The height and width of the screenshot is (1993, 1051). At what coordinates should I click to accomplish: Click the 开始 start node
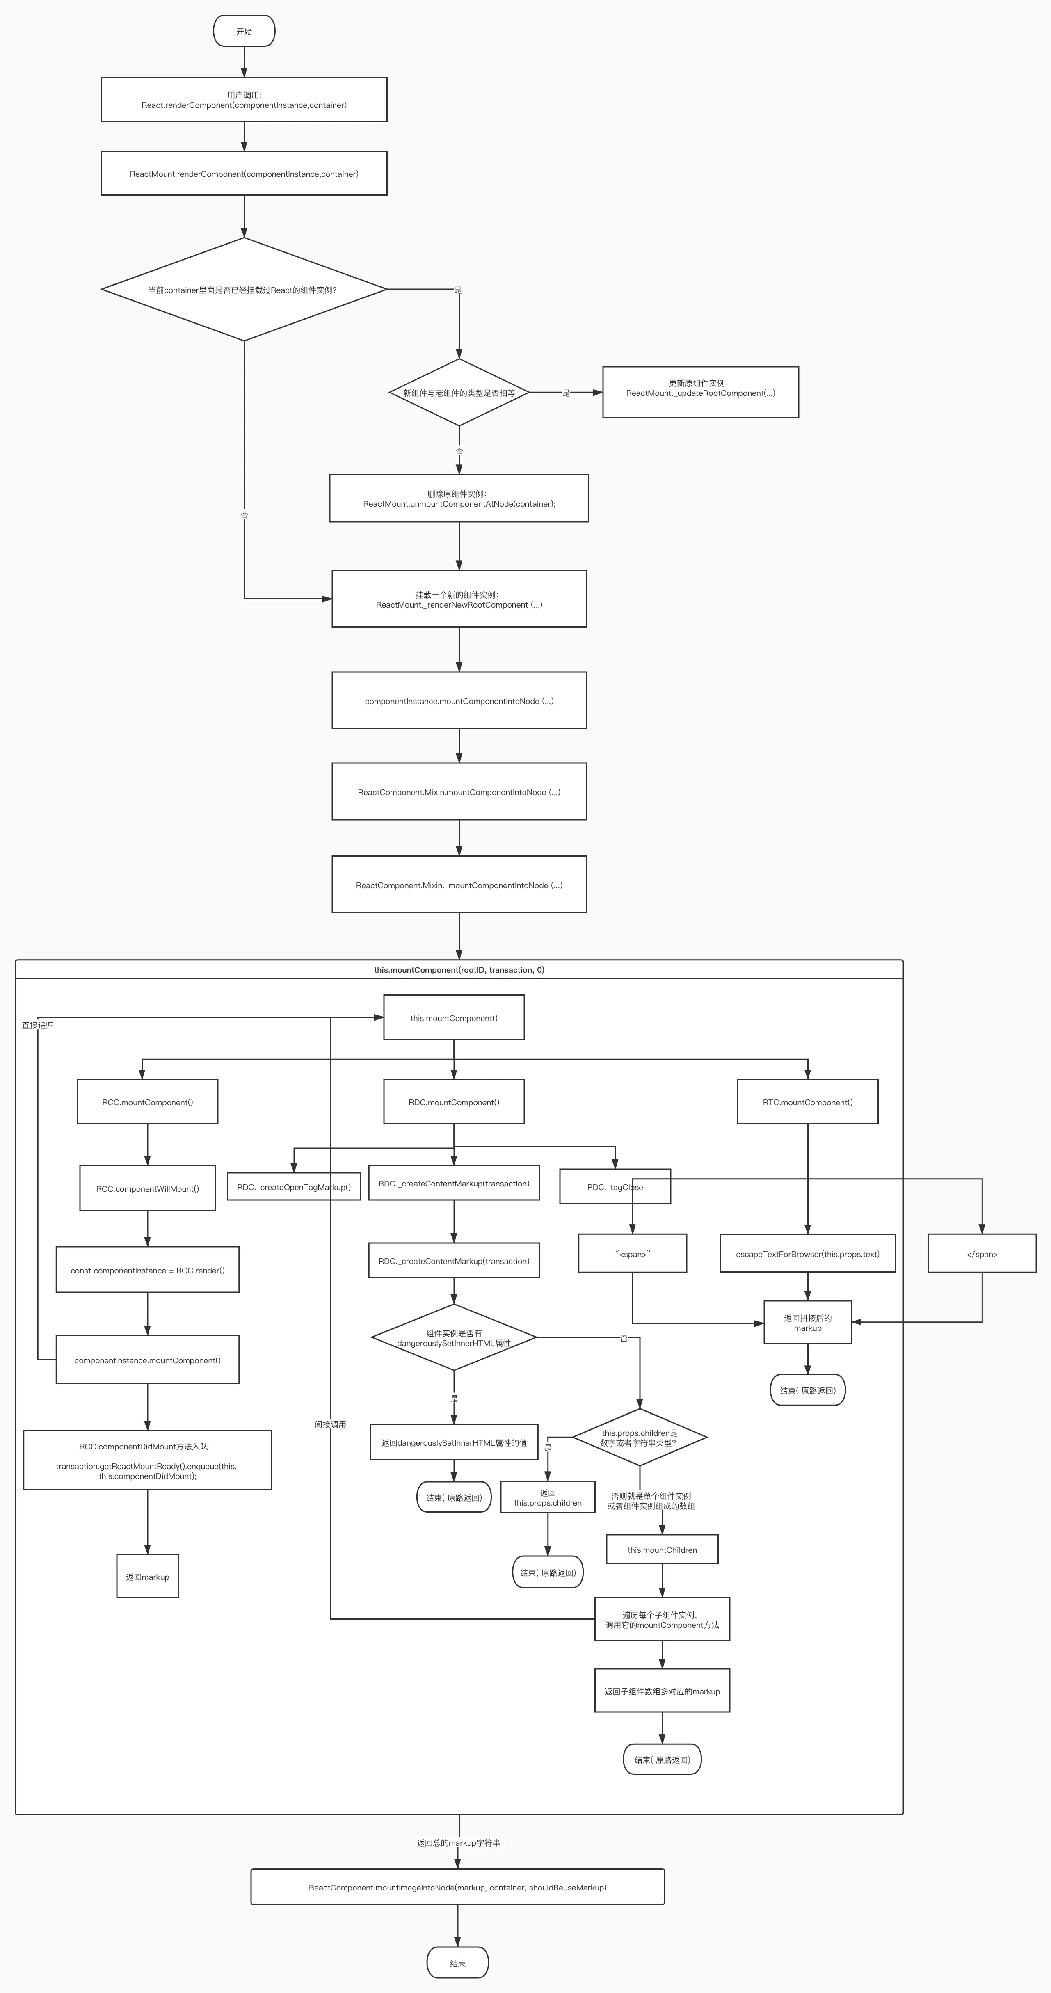point(244,31)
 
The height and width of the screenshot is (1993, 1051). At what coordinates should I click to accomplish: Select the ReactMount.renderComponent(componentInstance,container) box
point(244,173)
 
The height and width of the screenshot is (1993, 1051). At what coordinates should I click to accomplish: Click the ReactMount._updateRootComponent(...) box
point(700,392)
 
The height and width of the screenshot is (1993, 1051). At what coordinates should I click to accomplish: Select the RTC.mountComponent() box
point(807,1102)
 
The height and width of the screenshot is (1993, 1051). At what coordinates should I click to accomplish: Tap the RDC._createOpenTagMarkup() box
point(294,1187)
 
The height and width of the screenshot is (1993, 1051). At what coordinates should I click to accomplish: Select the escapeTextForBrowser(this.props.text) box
point(807,1253)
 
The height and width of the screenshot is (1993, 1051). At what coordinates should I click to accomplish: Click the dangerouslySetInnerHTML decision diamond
point(454,1338)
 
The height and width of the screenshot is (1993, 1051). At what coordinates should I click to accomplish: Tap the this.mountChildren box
point(662,1549)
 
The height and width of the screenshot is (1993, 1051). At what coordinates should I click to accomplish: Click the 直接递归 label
point(38,1025)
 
